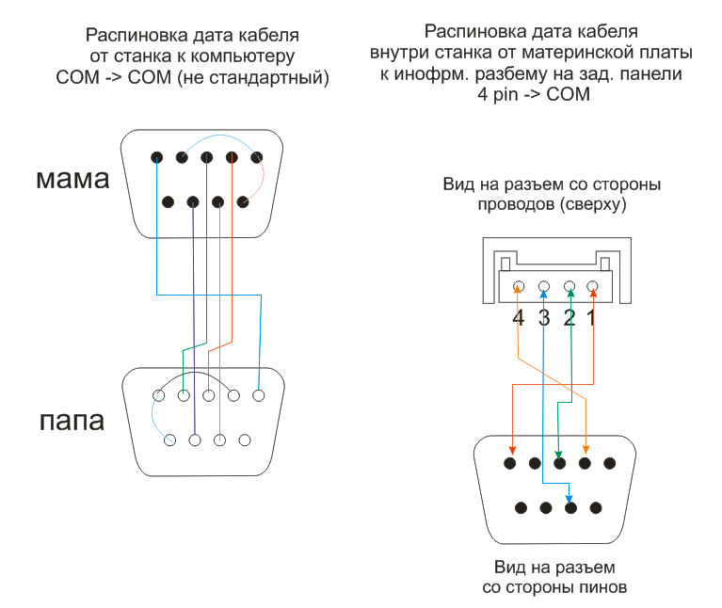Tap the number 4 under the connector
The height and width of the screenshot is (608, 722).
point(518,317)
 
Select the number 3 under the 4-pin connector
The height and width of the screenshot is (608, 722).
point(543,317)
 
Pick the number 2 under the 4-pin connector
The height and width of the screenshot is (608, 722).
point(569,317)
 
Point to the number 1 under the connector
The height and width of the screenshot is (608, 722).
point(592,317)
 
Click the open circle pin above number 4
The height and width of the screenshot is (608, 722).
point(518,286)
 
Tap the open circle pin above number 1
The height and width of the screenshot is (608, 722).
point(592,286)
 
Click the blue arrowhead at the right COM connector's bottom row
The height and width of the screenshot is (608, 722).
point(570,501)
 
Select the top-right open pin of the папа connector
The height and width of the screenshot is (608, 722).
point(257,396)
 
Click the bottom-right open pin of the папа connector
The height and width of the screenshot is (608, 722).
point(245,440)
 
